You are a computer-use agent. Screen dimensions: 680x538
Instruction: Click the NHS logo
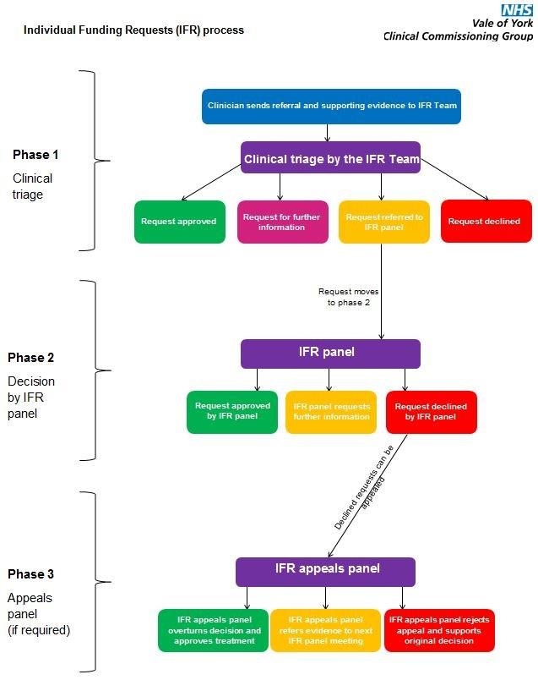coord(516,10)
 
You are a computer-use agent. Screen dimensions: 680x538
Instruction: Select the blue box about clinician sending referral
coord(332,107)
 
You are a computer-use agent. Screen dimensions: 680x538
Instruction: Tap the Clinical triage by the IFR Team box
coord(330,158)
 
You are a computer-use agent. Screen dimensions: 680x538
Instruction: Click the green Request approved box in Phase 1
coord(179,222)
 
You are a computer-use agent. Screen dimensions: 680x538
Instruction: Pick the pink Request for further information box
coord(281,222)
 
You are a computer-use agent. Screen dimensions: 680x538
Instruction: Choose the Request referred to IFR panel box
coord(384,222)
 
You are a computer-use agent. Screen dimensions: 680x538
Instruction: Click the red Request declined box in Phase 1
coord(486,222)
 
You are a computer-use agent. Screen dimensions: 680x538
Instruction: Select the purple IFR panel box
coord(330,353)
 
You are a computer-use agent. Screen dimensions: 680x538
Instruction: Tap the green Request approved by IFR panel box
coord(232,411)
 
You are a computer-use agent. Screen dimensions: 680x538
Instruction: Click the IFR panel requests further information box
coord(330,411)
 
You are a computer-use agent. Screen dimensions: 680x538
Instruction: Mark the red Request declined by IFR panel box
coord(431,411)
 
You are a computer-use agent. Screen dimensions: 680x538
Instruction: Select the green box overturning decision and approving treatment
coord(213,630)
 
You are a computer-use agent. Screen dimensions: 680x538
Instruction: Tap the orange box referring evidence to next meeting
coord(325,630)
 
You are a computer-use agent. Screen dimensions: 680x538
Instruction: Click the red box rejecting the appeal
coord(439,630)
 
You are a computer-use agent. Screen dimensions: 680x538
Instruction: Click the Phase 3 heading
coord(31,574)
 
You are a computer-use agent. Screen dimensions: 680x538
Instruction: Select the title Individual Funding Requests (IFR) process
coord(133,30)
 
